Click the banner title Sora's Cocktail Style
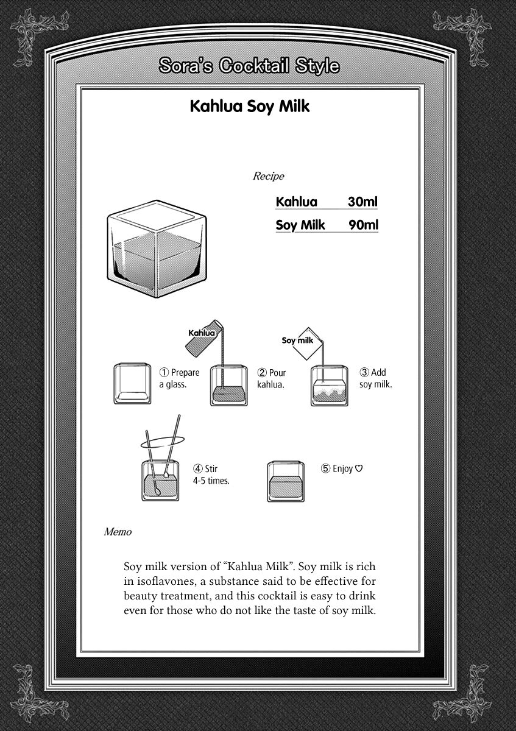pos(249,66)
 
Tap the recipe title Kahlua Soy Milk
pos(250,107)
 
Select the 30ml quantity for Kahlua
pos(362,202)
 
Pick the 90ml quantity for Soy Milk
pos(363,225)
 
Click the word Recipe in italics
pos(268,177)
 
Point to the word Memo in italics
pos(118,532)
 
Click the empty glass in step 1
pos(132,384)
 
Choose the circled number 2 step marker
pos(262,373)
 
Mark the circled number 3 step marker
pos(364,372)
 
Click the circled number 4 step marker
pos(198,469)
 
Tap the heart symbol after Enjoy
pos(359,468)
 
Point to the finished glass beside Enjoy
pos(285,482)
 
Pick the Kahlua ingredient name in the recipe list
pos(297,202)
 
